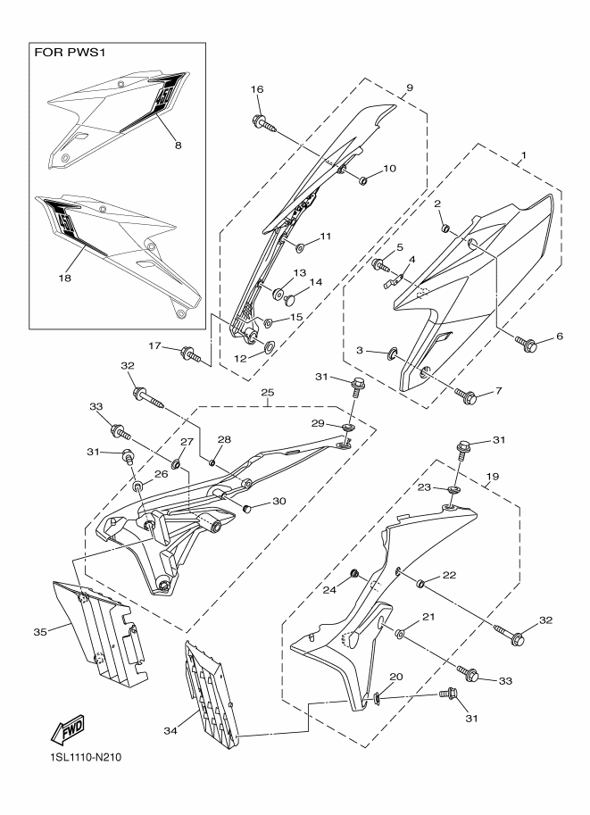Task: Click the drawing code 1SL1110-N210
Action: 83,757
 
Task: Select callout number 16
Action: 257,89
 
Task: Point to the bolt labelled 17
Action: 191,354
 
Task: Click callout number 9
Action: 409,87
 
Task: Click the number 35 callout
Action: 40,632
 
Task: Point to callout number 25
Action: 268,392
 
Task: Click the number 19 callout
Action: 493,476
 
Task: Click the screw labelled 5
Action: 380,265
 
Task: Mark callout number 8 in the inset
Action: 178,146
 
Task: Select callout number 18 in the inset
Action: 64,279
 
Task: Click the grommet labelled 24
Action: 354,573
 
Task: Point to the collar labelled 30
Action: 247,508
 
